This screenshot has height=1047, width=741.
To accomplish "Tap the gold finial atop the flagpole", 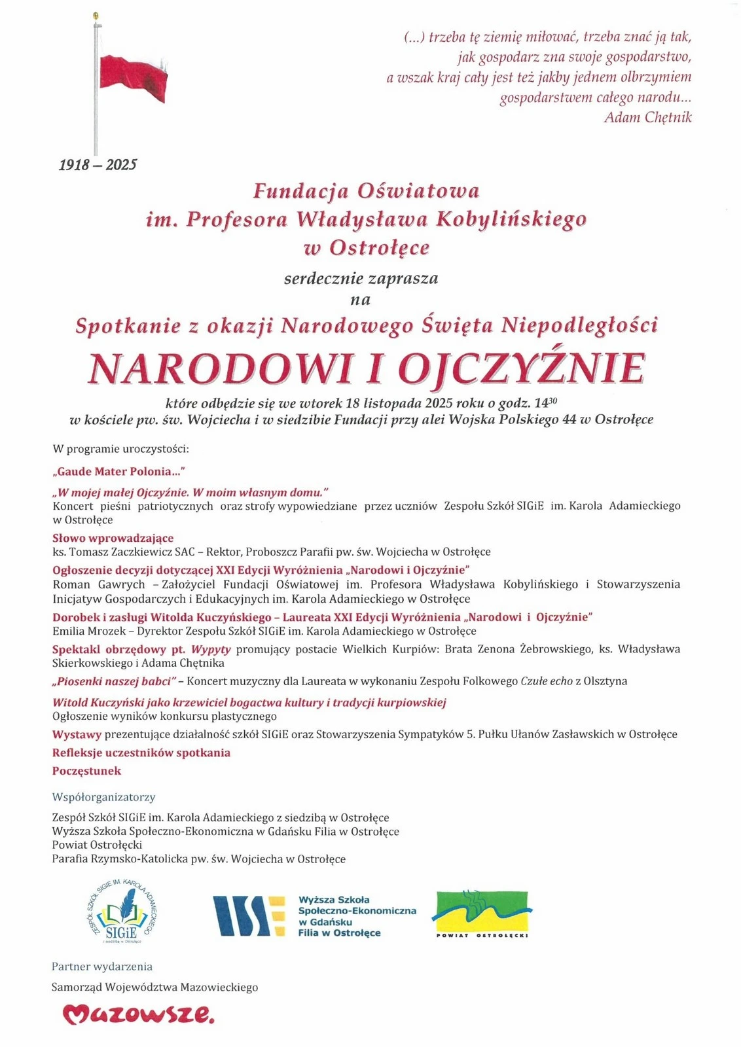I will point(96,14).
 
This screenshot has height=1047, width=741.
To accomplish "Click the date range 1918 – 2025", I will point(98,165).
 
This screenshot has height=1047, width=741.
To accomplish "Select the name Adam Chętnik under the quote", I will point(647,118).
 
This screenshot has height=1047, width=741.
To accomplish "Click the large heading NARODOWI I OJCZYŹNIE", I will point(367,368).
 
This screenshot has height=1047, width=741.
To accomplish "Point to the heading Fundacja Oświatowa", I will point(366,191).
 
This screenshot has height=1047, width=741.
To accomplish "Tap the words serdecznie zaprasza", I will point(361,279).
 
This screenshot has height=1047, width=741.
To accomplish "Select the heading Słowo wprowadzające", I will point(113,538).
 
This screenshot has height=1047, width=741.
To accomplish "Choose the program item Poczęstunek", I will point(86,771).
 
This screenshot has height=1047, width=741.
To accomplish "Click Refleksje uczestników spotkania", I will point(141,753).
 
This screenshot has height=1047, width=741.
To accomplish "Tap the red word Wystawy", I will point(77,734).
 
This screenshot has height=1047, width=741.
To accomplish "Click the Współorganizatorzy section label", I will point(103,797).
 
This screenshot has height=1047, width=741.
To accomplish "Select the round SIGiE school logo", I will point(122,912).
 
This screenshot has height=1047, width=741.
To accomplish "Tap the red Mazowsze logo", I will point(138,1014).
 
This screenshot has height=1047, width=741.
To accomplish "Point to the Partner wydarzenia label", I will point(102,967).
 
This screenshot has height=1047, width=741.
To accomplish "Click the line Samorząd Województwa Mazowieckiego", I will point(154,987).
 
